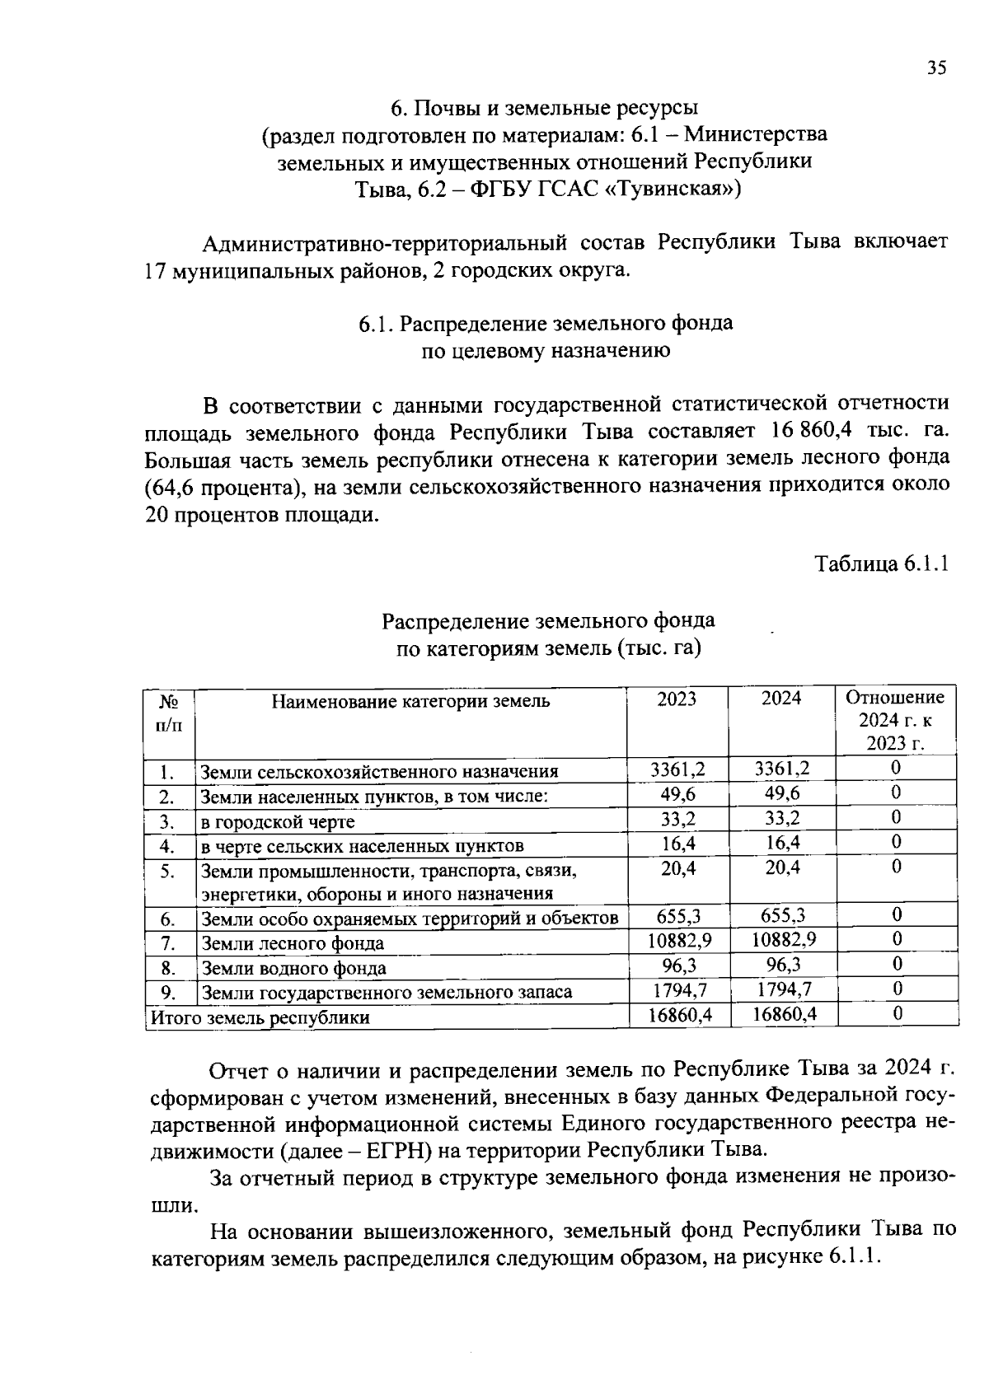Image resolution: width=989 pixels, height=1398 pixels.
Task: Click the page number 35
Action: pos(936,68)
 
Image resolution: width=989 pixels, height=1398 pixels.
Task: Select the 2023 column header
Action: pos(677,699)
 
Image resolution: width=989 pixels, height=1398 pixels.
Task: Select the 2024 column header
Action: pos(780,699)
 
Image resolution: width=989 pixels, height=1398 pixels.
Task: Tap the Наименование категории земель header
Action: pos(410,702)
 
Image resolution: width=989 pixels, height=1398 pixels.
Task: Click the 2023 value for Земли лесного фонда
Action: pos(680,940)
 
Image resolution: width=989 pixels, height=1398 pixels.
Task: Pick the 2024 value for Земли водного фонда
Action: pos(783,965)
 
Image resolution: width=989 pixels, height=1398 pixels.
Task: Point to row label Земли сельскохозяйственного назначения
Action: pos(380,772)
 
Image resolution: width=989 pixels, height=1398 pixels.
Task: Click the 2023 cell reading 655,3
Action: pos(678,915)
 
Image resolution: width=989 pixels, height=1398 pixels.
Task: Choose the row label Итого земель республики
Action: pos(260,1017)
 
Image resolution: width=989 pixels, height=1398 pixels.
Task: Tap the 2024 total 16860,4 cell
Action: pos(785,1014)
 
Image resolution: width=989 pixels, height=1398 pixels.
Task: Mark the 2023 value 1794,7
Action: pos(680,989)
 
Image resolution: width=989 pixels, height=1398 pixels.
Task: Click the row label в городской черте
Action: pos(279,821)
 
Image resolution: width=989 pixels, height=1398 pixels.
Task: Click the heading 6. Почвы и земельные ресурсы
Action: pos(544,108)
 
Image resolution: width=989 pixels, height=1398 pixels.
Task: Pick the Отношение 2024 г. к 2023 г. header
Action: pos(895,720)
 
